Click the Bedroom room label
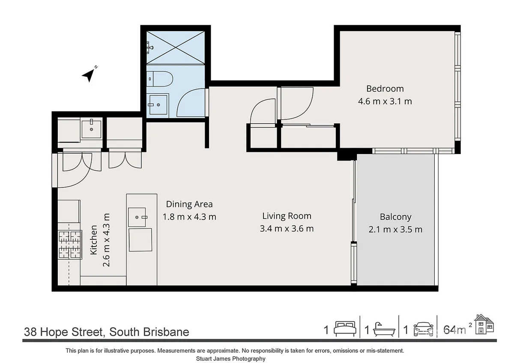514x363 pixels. [x=385, y=89]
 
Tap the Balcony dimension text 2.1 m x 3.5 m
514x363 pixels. [x=395, y=229]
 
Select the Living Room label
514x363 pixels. [x=287, y=216]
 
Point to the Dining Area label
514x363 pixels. [x=189, y=204]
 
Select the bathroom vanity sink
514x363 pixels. [x=156, y=104]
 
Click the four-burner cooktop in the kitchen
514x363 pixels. [x=70, y=244]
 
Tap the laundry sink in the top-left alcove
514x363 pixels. [x=91, y=128]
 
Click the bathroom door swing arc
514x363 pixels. [x=191, y=102]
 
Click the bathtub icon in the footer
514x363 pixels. [x=383, y=330]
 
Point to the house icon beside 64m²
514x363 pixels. [x=484, y=324]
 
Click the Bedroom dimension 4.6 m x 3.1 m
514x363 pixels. [x=385, y=101]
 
